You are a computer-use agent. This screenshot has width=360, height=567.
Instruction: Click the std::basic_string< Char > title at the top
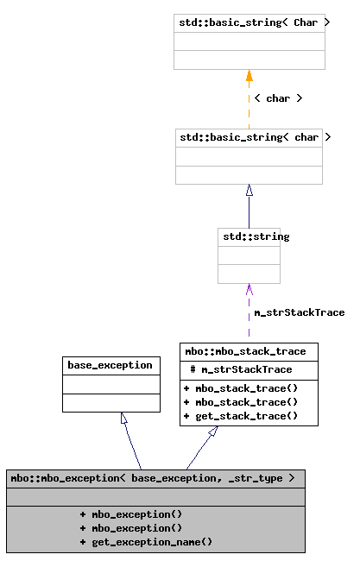[249, 22]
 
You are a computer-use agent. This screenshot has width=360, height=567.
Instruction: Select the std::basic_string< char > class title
[249, 137]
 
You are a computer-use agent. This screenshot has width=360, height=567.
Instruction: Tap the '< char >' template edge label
[278, 98]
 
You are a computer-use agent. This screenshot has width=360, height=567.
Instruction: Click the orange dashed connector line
[249, 108]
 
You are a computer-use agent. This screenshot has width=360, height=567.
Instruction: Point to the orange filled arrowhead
[249, 76]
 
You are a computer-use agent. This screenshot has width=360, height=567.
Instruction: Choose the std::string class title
[249, 236]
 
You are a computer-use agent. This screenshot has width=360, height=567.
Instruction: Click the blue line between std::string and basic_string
[249, 211]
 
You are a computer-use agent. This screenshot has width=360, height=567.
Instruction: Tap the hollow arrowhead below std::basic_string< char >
[249, 191]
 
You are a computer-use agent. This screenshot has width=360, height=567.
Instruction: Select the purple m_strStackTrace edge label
[299, 312]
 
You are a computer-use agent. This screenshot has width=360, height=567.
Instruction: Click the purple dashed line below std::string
[249, 319]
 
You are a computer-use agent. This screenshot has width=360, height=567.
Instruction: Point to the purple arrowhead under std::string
[249, 288]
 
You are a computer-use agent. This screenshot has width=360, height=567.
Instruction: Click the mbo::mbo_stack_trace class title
[249, 351]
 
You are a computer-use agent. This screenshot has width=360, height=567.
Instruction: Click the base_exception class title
[111, 365]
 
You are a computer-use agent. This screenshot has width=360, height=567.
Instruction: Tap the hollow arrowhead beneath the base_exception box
[124, 419]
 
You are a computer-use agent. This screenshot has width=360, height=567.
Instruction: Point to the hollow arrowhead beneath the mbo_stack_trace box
[212, 432]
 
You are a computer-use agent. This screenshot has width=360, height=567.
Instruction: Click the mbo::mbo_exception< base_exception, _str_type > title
[155, 478]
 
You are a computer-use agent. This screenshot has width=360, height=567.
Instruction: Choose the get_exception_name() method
[146, 542]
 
